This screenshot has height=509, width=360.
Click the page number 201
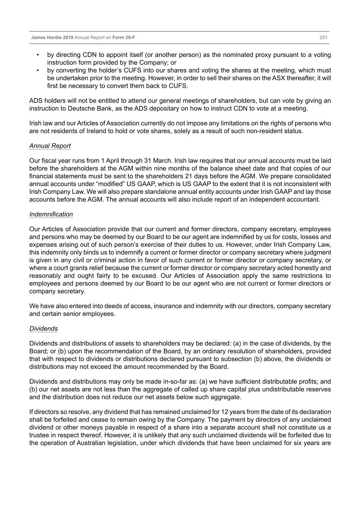[323, 38]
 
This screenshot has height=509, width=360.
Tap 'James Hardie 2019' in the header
[52, 38]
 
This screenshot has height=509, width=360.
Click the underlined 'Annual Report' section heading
[50, 146]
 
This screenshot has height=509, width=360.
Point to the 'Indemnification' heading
[51, 214]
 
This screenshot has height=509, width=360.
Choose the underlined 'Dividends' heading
[44, 329]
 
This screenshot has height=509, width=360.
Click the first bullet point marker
[38, 55]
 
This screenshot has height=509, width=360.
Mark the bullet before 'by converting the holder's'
[38, 70]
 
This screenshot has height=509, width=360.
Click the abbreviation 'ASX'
[278, 78]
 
